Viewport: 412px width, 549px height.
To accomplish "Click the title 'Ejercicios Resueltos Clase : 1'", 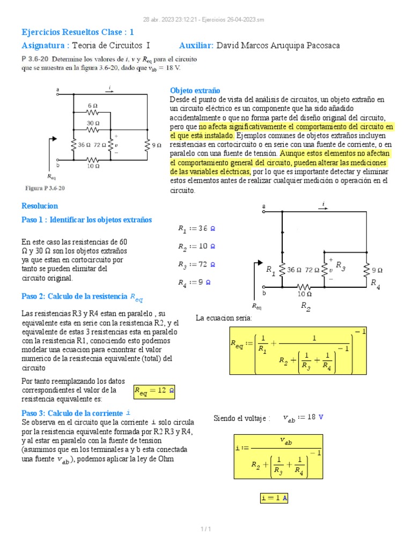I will [x=77, y=32].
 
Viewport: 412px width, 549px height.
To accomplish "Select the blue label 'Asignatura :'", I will [x=45, y=46].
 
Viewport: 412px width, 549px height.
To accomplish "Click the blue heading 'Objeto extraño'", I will [x=195, y=91].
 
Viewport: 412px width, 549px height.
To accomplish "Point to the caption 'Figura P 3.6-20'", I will [x=46, y=188].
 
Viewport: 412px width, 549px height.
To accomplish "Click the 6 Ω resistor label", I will [x=93, y=106].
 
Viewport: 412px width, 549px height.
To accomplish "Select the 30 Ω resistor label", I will [x=93, y=123].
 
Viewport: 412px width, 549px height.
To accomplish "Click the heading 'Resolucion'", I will [x=39, y=206].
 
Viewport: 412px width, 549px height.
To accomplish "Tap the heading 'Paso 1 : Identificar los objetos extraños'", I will [x=86, y=220].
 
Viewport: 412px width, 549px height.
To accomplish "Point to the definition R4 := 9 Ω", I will [x=194, y=282].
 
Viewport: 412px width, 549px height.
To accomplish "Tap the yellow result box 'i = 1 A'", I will [x=274, y=498].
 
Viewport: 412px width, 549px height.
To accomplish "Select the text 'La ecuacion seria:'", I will [x=224, y=318].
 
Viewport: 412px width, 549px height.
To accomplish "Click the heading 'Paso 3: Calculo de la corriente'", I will [x=75, y=413].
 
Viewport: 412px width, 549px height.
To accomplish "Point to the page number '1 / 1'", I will [x=205, y=530].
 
